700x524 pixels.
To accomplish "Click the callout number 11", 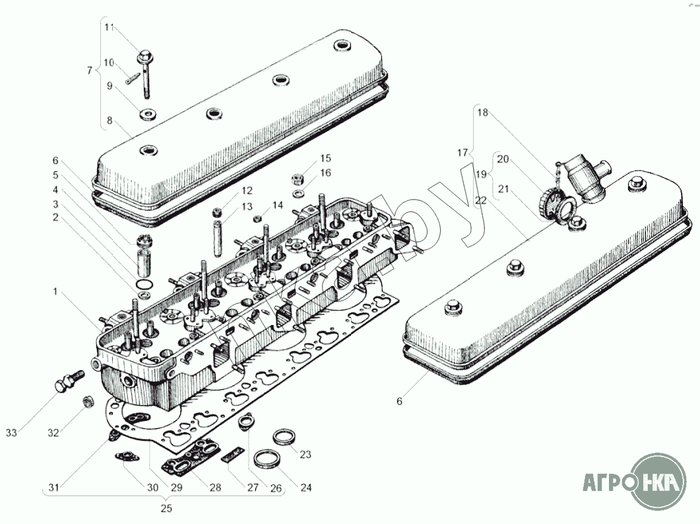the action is tap(110, 27).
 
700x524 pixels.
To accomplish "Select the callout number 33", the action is tap(11, 433).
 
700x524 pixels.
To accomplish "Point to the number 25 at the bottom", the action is tap(166, 509).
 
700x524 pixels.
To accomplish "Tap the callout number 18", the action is tap(482, 112).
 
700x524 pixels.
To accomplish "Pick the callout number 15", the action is tap(326, 158).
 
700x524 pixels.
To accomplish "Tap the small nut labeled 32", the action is tap(86, 402).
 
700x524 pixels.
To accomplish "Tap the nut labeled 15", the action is tap(296, 179).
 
